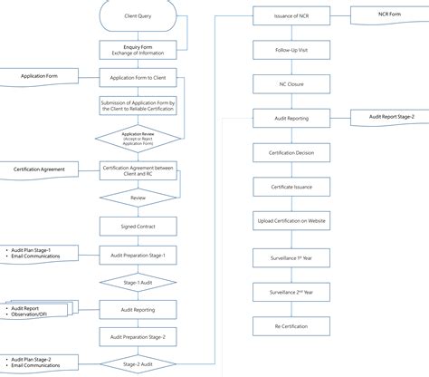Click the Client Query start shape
[x=138, y=17]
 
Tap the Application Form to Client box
[x=138, y=78]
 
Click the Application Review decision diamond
[x=138, y=138]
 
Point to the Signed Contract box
[x=138, y=227]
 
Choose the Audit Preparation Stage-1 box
[x=138, y=256]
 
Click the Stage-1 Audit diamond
[x=138, y=283]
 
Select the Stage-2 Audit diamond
[x=138, y=363]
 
